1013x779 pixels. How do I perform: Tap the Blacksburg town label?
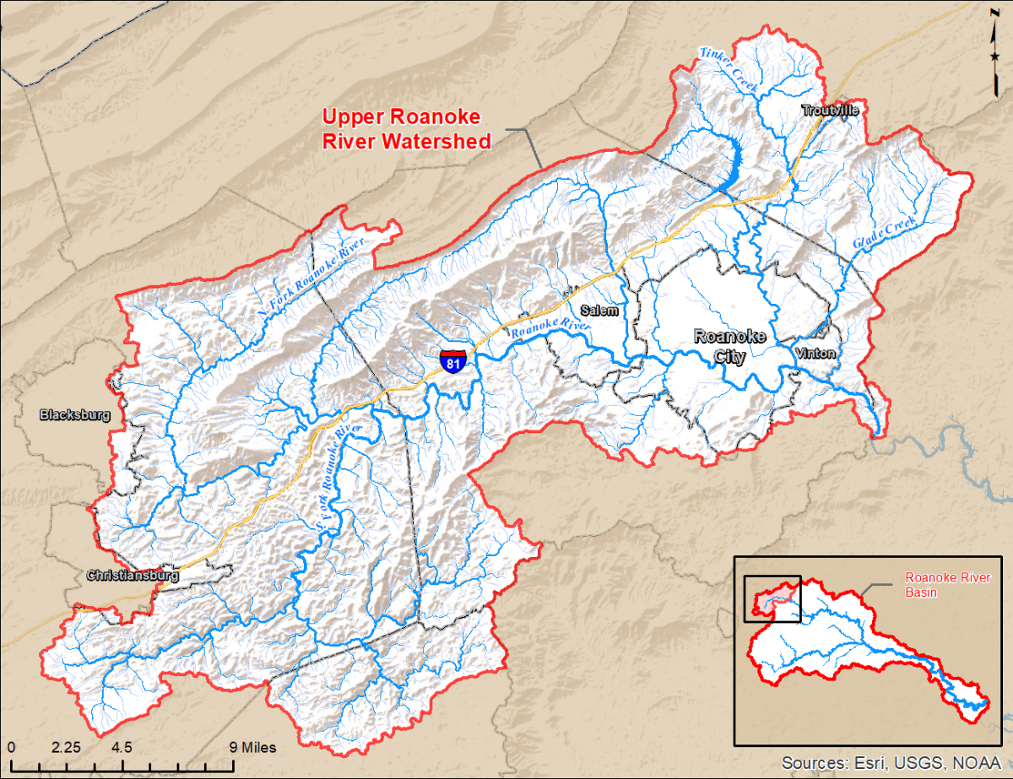click(75, 414)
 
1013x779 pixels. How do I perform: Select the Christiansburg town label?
click(133, 576)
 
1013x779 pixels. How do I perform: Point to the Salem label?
click(599, 311)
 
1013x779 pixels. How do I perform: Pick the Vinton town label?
click(815, 354)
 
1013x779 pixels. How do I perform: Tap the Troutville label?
click(830, 111)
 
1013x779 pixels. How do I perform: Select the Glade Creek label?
click(883, 230)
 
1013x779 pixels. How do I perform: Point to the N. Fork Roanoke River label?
click(311, 278)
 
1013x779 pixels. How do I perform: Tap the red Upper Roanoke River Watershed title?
click(407, 129)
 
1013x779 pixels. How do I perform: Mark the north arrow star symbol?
click(997, 56)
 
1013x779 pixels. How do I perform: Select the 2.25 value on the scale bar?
click(66, 747)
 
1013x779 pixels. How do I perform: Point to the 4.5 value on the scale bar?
click(121, 747)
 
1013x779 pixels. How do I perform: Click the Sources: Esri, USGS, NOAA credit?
click(893, 762)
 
